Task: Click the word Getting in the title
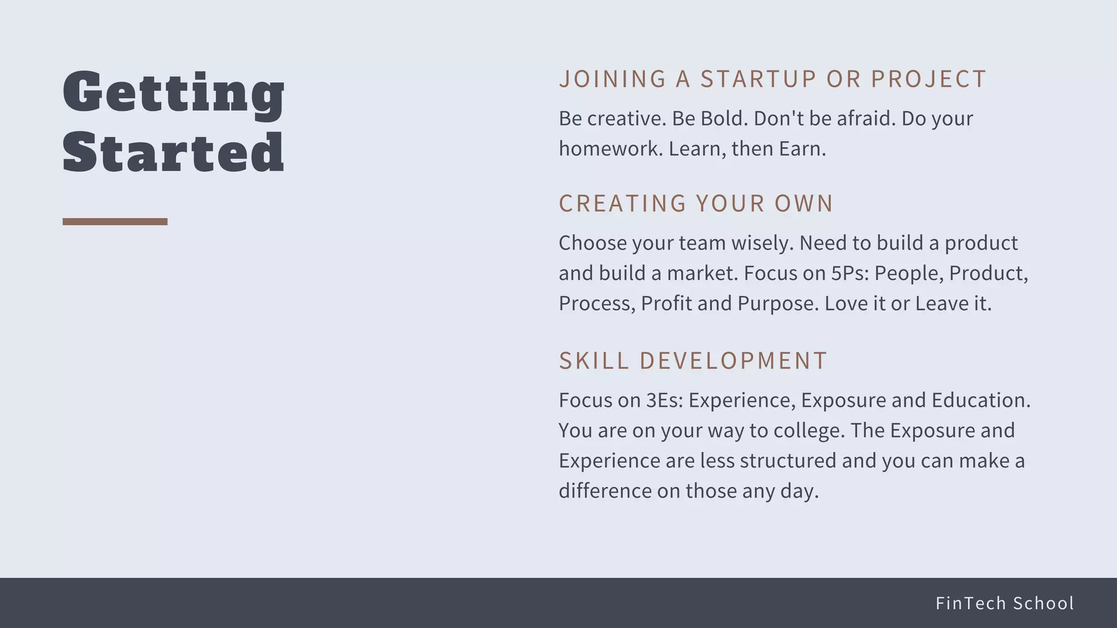[x=173, y=93]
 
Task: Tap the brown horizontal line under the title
[x=115, y=221]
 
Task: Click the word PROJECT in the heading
[x=928, y=79]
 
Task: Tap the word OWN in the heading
[x=804, y=203]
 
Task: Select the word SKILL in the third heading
[x=594, y=361]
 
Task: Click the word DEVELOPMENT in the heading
[x=734, y=361]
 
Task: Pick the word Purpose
[x=778, y=304]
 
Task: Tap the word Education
[x=981, y=400]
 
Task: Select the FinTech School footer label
[x=1005, y=603]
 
